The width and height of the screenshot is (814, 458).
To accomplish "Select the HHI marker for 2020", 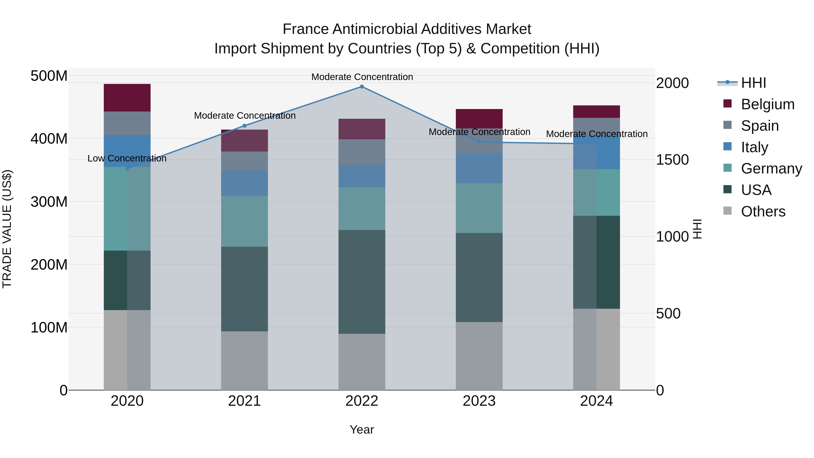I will point(127,168).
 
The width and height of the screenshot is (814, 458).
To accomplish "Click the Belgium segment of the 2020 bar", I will point(127,98).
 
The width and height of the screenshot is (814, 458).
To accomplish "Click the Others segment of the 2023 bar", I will point(479,356).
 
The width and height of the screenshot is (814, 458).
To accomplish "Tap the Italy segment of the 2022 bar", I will point(362,176).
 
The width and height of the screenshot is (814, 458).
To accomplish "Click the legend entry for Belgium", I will point(768,104).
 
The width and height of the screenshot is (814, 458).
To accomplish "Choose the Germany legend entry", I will point(771,168).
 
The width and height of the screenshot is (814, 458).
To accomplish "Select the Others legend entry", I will point(763,211).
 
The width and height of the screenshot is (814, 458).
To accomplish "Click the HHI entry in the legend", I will point(753,83).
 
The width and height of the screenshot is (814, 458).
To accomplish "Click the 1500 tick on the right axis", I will point(672,160).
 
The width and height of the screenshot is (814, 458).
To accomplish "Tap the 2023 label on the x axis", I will point(479,401).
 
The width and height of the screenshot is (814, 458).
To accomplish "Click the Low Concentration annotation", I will point(127,158).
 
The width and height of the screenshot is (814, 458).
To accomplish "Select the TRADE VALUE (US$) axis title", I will point(7,229).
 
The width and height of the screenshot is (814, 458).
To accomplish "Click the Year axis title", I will point(362,430).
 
